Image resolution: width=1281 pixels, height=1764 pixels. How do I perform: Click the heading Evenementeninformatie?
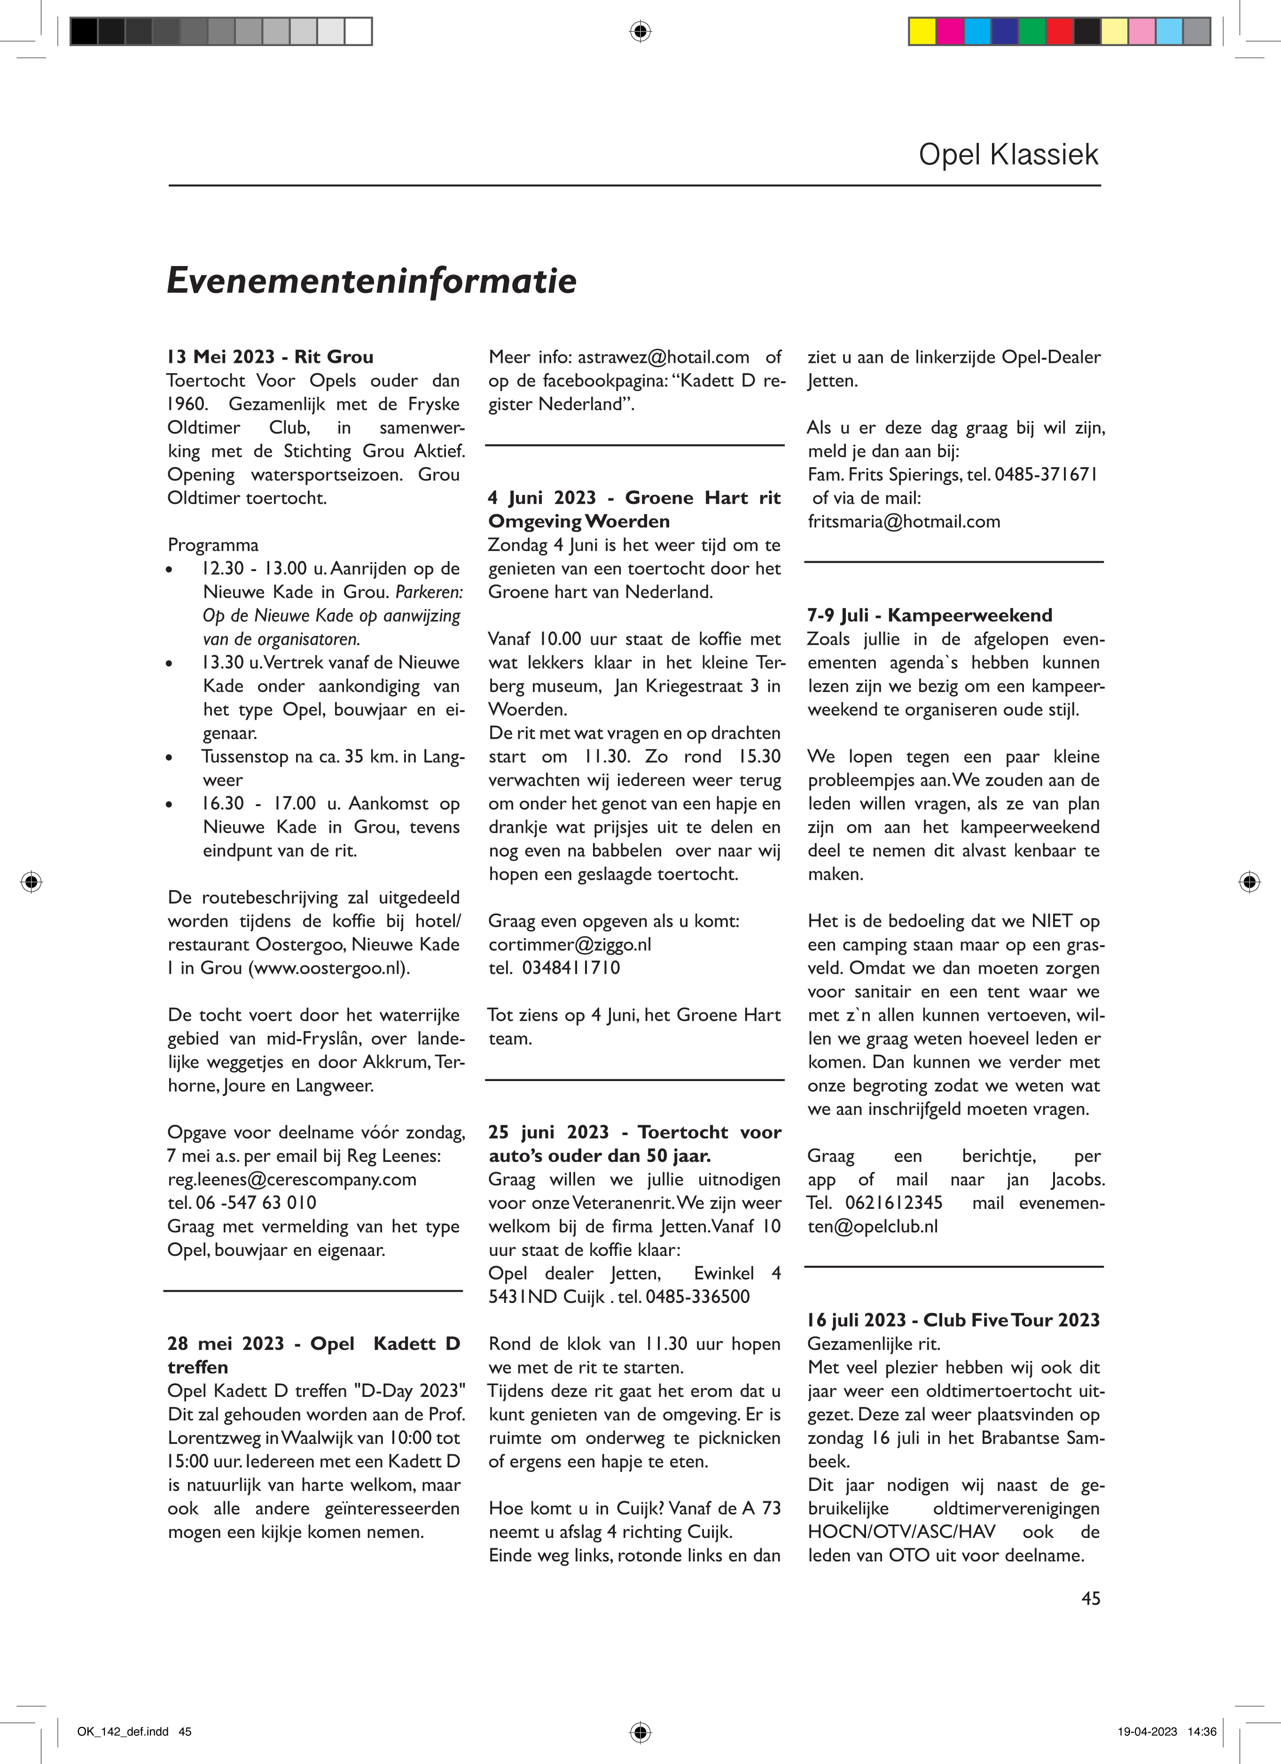pos(372,281)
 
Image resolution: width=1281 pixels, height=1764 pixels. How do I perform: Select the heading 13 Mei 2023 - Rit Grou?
pos(270,357)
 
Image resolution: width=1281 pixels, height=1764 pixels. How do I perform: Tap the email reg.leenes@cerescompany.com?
pos(292,1179)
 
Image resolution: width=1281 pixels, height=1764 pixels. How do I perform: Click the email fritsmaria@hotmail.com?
pos(904,521)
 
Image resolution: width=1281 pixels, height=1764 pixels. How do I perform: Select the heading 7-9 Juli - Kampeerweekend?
pos(930,615)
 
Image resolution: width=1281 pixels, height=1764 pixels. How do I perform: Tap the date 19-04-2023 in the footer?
pos(1147,1732)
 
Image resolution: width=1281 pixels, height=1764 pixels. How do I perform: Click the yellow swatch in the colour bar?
pos(922,31)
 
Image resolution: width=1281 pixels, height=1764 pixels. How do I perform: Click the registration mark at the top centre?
pos(640,31)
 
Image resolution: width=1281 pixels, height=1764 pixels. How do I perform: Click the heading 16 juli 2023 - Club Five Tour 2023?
pos(953,1320)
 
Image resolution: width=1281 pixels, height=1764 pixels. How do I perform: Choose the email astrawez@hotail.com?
pos(664,357)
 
